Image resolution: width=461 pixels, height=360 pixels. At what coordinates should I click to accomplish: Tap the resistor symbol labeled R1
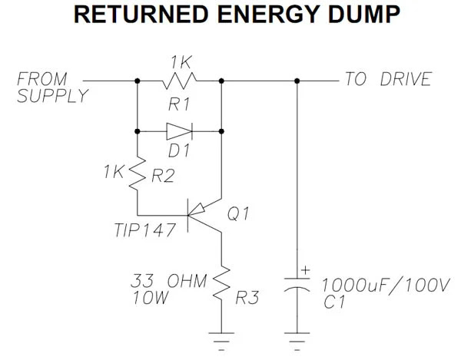click(179, 80)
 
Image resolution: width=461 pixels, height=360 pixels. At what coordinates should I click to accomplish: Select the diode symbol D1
click(177, 131)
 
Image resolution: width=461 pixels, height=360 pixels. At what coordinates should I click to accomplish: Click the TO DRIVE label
click(387, 80)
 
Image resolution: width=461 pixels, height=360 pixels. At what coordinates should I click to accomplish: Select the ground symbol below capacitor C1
click(297, 335)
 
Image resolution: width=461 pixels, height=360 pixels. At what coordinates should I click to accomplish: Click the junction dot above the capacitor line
click(297, 80)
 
